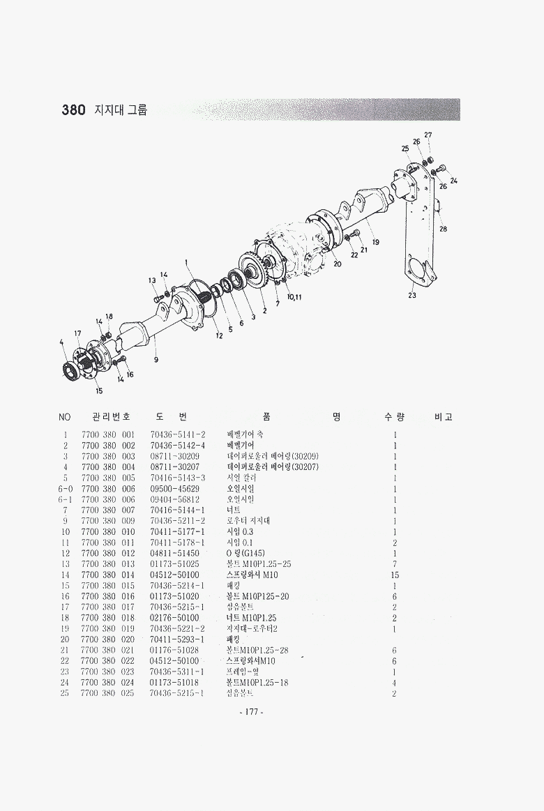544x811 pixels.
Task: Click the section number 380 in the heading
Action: point(73,110)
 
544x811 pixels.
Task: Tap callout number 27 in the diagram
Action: point(428,135)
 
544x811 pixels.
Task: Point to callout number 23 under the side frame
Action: point(412,295)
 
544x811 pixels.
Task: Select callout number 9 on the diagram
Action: point(156,360)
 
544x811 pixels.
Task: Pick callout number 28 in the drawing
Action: point(443,229)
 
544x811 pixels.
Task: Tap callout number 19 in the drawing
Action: point(375,242)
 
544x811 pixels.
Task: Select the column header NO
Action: point(65,417)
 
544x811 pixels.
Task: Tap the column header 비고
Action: point(444,417)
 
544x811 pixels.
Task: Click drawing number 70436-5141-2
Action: point(178,434)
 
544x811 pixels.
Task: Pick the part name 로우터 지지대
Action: point(249,521)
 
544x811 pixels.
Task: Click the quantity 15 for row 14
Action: point(395,575)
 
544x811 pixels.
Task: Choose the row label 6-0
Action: point(65,489)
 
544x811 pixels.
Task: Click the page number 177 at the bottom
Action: point(249,712)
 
